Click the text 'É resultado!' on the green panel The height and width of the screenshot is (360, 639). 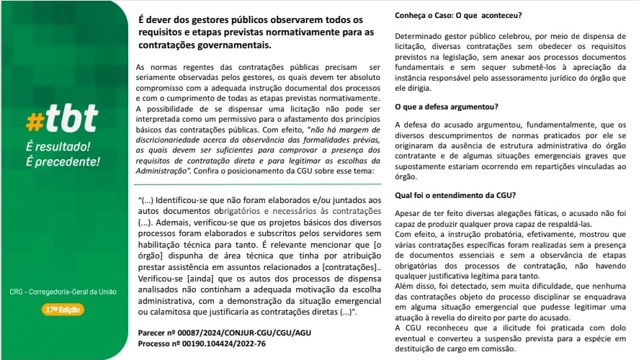pos(58,146)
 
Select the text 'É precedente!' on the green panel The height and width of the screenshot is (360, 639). pos(62,161)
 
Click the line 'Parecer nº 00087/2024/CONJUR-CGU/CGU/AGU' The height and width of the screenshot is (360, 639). pos(224,333)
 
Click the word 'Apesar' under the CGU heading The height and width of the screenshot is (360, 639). pos(408,213)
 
